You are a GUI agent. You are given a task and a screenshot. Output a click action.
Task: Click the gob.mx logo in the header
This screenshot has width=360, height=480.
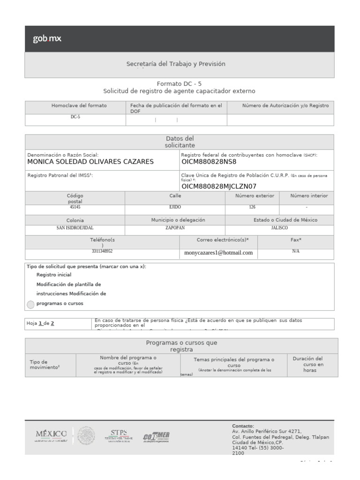[47, 39]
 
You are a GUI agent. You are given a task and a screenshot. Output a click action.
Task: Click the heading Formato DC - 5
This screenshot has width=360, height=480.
[179, 83]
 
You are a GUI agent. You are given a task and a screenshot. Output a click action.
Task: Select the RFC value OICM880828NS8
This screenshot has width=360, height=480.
[209, 162]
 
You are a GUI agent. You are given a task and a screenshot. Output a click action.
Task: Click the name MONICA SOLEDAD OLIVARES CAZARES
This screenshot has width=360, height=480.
[90, 162]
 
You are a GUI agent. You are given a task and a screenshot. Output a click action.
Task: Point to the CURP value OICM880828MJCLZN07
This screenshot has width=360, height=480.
[219, 186]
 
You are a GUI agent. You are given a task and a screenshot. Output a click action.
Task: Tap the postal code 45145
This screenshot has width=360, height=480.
[75, 207]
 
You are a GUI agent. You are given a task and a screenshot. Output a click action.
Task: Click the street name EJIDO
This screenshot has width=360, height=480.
[175, 207]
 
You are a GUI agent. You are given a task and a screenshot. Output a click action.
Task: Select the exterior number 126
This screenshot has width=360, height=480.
[252, 207]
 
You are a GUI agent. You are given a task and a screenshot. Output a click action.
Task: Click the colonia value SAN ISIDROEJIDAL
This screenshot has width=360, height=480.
[75, 228]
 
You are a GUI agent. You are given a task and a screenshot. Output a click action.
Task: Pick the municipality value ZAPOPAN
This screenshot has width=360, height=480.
[175, 228]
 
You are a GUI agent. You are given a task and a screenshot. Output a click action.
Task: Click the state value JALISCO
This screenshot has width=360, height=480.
[279, 228]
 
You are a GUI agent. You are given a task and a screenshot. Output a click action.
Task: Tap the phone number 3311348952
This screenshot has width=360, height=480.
[102, 251]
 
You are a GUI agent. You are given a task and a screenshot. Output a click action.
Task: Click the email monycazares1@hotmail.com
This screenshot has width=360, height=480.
[218, 253]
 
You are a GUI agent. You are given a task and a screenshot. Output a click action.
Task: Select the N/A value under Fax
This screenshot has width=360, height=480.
[295, 251]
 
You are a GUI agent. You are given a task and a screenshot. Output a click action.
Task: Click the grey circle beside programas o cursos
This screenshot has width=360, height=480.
[30, 304]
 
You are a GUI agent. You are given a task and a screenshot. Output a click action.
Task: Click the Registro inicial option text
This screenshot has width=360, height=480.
[54, 275]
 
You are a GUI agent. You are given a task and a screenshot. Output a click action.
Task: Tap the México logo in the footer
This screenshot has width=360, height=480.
[51, 435]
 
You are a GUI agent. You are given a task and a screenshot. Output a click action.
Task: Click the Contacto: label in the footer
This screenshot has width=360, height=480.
[243, 426]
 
